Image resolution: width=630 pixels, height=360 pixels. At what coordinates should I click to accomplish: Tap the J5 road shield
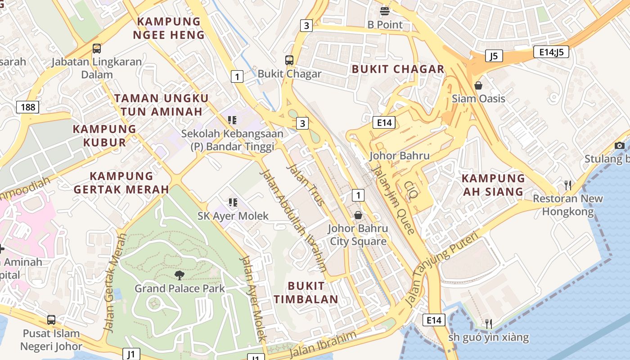tap(494, 56)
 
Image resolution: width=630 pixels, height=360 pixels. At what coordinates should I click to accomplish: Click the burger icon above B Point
tap(384, 11)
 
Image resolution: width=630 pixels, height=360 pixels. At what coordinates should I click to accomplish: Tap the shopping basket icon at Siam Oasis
tap(478, 85)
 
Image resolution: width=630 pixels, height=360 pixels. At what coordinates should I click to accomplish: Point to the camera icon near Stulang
tap(620, 145)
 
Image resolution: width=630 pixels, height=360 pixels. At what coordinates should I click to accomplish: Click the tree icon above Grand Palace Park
tap(179, 275)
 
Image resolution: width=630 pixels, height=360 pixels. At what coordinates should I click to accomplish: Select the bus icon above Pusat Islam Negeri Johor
tap(51, 320)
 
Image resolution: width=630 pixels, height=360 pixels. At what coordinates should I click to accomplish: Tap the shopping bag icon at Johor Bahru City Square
tap(358, 215)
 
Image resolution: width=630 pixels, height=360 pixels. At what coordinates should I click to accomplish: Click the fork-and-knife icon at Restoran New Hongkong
tap(568, 185)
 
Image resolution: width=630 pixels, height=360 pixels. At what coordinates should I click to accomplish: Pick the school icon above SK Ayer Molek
tap(233, 202)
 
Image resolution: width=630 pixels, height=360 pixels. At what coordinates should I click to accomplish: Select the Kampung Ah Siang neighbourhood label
tap(493, 185)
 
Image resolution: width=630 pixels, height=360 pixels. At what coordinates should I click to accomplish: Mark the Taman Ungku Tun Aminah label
tap(161, 104)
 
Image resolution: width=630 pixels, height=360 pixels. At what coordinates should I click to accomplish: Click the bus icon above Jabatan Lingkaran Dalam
tap(96, 49)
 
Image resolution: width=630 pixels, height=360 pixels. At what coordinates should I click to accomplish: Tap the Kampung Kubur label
tap(104, 135)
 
